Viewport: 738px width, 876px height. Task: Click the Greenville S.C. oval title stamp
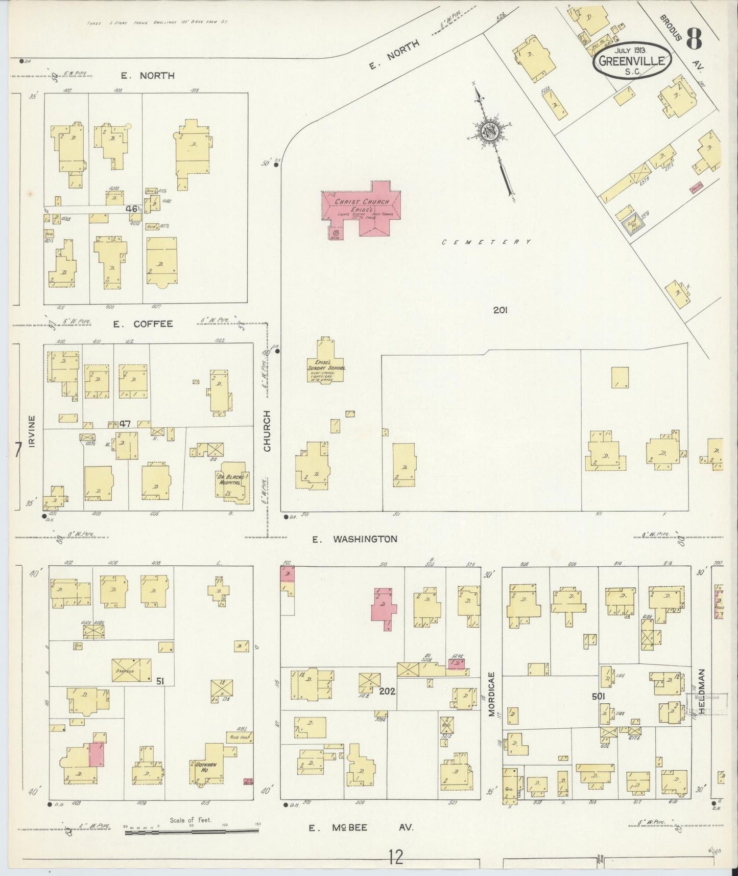(x=632, y=60)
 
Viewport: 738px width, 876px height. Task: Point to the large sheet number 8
(x=694, y=38)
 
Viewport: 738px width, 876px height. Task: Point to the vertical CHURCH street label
(x=267, y=439)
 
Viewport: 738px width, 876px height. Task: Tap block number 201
(x=499, y=310)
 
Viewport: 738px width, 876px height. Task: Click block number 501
(x=599, y=696)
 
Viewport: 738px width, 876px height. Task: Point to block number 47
(x=126, y=424)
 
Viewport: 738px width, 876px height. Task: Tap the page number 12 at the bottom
(x=395, y=857)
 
